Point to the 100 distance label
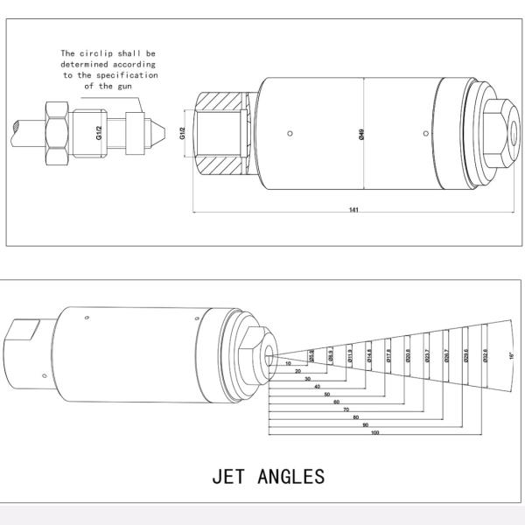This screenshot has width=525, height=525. click(x=374, y=432)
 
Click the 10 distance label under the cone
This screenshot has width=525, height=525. click(x=289, y=363)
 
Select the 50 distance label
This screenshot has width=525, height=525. click(x=327, y=394)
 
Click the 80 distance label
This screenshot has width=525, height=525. click(x=354, y=417)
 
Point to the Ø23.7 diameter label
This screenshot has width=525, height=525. click(x=427, y=355)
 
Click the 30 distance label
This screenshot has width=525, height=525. click(x=308, y=379)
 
